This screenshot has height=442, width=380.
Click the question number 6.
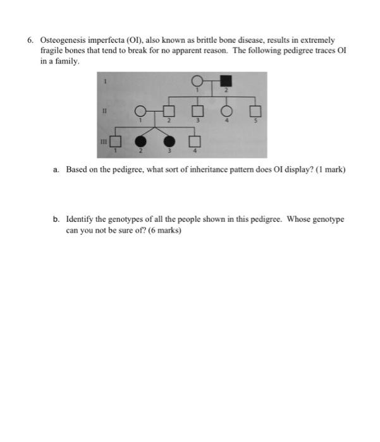[30, 39]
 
